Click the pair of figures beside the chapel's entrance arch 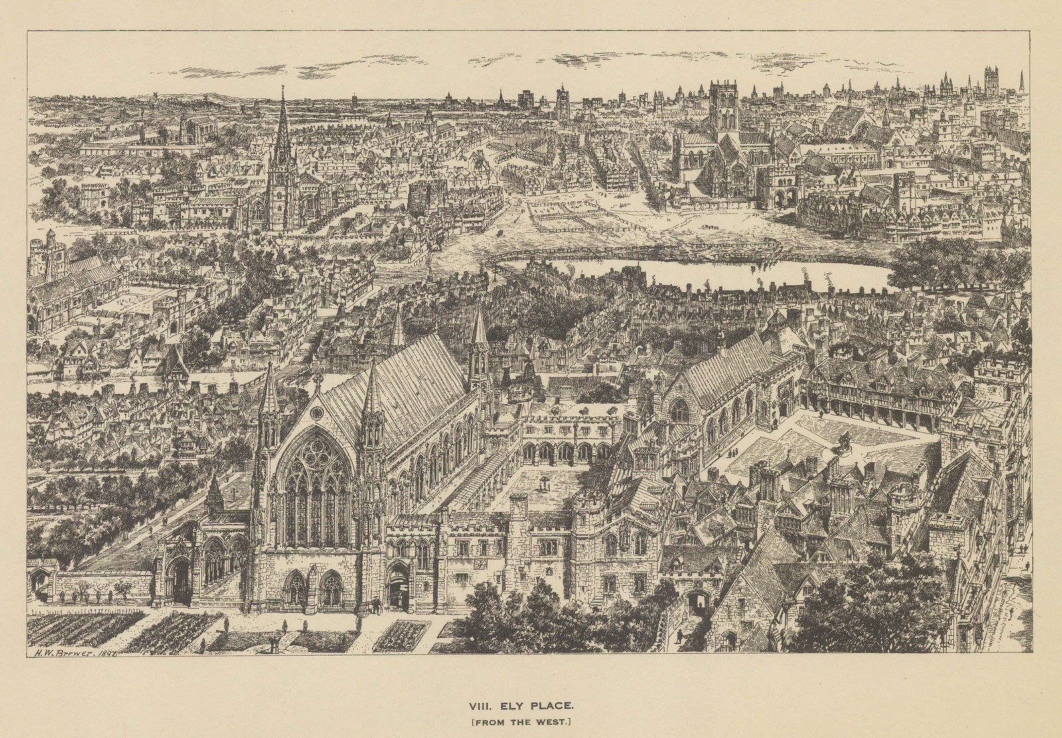pos(376,603)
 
